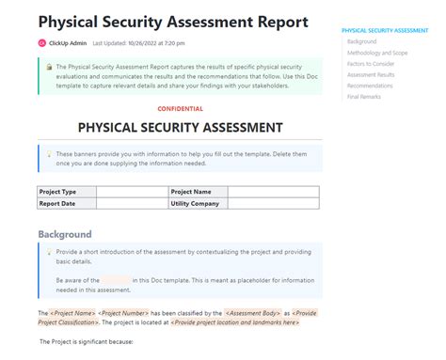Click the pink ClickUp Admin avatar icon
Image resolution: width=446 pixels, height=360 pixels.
tap(41, 42)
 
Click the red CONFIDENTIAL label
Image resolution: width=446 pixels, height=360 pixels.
tap(180, 109)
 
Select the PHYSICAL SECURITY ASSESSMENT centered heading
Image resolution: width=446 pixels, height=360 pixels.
tap(180, 127)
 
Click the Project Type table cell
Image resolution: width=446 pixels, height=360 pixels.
tap(67, 192)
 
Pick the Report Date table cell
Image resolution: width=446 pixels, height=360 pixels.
tap(67, 203)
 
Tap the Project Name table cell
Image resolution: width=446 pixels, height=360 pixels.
tap(198, 192)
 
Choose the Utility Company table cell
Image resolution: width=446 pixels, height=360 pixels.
tap(198, 203)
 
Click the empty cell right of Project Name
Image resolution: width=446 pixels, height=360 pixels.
tap(273, 192)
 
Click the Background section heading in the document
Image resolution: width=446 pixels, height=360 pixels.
tap(65, 234)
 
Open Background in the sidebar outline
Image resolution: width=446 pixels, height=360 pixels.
tap(361, 41)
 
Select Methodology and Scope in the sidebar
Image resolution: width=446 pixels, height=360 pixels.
tap(375, 53)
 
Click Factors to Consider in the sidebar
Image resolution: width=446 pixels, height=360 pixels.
tap(371, 64)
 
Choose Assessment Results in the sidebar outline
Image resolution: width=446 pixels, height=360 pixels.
tap(370, 75)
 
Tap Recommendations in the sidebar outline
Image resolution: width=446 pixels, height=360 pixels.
tap(369, 86)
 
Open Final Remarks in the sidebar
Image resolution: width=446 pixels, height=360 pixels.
tap(363, 97)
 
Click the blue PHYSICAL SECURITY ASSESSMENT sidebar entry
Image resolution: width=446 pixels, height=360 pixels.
tap(385, 30)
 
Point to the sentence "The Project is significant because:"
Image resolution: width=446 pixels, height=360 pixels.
tap(87, 341)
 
